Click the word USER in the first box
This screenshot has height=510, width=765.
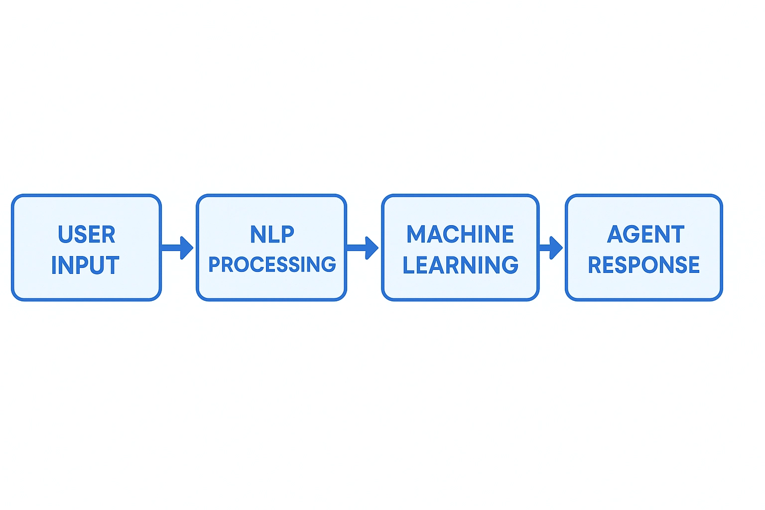click(86, 235)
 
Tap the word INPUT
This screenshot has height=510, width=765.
click(85, 265)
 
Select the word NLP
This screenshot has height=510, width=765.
click(272, 235)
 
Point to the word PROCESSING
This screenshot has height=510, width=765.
click(272, 264)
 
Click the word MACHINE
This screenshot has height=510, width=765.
click(460, 235)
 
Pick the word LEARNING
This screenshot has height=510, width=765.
click(460, 265)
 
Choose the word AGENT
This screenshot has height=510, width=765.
click(645, 235)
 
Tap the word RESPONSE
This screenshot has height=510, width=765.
click(644, 265)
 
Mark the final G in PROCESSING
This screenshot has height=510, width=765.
click(328, 264)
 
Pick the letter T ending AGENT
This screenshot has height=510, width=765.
click(677, 235)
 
